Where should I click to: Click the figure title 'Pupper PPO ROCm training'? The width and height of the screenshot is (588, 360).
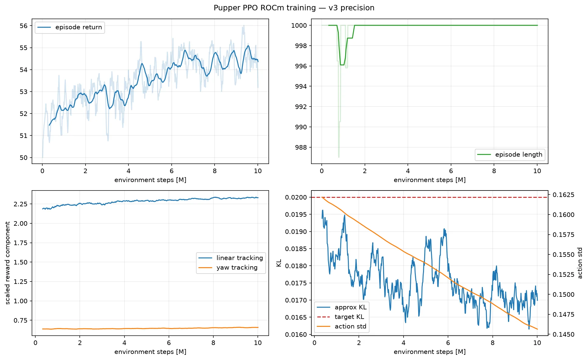[x=265, y=8]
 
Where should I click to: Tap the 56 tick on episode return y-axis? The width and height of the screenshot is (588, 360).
[x=23, y=26]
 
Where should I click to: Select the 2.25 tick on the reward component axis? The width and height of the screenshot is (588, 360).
[x=20, y=204]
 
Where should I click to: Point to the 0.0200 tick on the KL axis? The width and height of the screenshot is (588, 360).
[x=296, y=197]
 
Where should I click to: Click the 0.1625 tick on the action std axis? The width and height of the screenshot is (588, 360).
[x=563, y=195]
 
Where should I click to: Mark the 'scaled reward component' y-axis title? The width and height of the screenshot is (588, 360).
[x=8, y=263]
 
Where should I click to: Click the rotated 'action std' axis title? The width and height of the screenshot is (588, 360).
[x=580, y=263]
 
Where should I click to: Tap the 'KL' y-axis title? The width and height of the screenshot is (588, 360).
[x=279, y=263]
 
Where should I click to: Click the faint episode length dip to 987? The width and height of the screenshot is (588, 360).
[x=339, y=157]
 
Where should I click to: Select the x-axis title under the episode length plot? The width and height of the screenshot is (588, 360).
[x=429, y=180]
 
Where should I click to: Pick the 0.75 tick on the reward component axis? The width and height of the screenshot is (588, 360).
[x=20, y=320]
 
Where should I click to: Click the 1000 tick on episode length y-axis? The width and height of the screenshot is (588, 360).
[x=299, y=26]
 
